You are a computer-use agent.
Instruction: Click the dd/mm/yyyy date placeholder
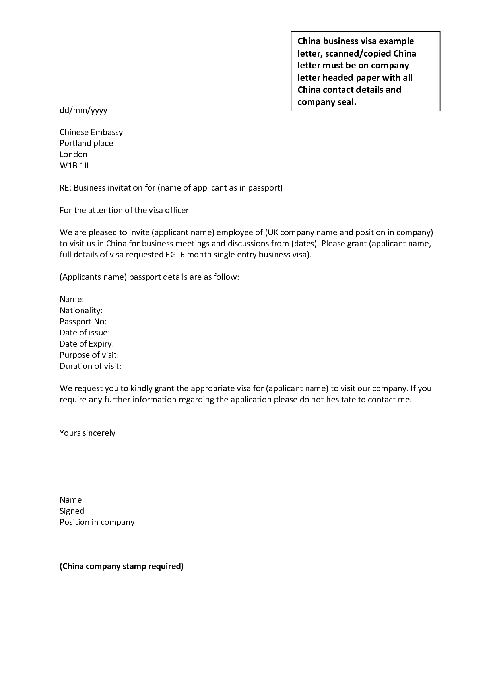83,110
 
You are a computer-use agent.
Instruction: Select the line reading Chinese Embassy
91,132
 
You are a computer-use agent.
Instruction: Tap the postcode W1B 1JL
75,165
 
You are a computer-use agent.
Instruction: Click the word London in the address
74,154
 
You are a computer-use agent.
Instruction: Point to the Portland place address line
86,143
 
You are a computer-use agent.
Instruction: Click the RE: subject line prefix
65,187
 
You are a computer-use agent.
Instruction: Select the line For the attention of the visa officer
124,210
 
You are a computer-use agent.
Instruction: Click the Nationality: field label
81,310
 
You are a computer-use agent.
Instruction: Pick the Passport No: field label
83,321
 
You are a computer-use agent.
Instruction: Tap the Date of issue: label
85,332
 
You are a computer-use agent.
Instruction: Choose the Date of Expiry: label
87,343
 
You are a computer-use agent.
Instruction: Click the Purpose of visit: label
89,355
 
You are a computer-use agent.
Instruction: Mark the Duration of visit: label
90,366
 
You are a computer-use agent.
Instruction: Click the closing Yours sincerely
87,433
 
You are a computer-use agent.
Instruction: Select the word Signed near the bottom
72,511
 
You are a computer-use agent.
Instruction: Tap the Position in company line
97,522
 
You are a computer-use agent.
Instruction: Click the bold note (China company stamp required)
122,566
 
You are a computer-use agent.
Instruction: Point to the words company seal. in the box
327,102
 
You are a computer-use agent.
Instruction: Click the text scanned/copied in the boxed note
358,53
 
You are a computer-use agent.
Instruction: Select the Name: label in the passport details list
72,299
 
